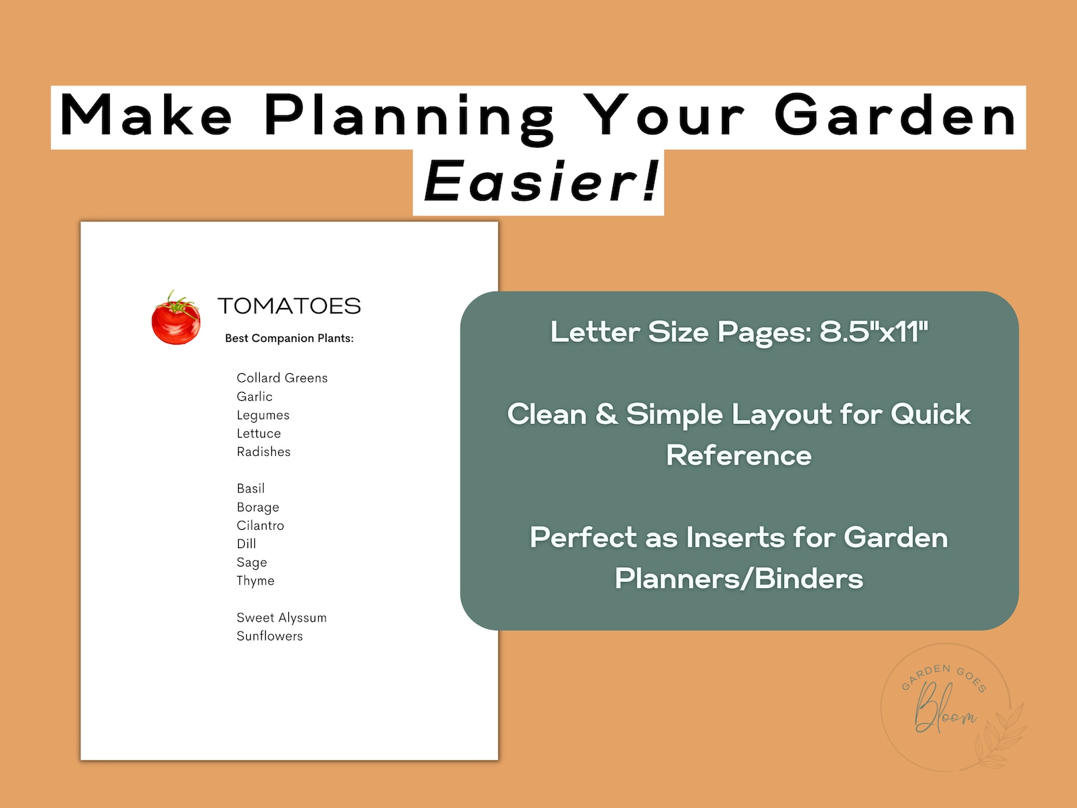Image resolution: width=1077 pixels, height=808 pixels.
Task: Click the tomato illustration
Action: point(176,318)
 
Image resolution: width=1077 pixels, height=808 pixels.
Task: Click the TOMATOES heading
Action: point(289,306)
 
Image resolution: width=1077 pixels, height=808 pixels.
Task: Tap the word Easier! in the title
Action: point(541,182)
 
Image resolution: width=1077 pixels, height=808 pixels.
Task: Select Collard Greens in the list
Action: point(281,378)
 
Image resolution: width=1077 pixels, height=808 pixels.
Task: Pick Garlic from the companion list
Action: point(254,396)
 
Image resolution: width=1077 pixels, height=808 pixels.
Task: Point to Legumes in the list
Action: point(262,415)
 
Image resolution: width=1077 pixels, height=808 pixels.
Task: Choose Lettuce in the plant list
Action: point(258,434)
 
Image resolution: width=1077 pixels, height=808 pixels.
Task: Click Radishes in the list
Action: point(263,452)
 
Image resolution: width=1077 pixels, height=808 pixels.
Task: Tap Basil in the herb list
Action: point(250,488)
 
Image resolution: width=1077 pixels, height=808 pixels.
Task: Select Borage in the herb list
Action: point(258,507)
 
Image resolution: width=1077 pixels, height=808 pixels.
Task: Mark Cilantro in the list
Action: point(260,526)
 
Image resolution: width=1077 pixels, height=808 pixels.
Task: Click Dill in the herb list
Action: point(246,544)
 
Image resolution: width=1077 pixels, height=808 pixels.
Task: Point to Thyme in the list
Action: point(255,581)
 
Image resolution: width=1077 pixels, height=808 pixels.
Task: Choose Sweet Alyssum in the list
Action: point(281,617)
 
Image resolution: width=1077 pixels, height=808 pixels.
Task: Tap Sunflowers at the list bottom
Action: point(269,636)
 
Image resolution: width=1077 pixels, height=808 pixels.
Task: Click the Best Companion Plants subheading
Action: point(289,338)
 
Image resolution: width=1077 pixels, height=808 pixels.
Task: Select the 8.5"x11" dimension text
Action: point(874,332)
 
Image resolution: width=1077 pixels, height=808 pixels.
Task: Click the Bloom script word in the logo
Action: point(944,709)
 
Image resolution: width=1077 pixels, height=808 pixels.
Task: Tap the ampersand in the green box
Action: point(606,415)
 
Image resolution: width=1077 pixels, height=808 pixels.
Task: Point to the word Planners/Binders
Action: point(739,579)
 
